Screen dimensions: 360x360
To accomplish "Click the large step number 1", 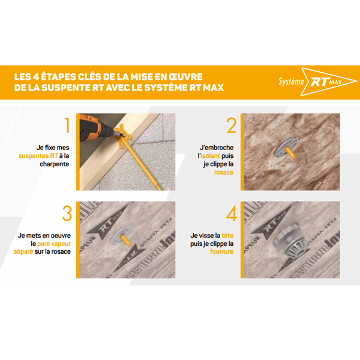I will (x=67, y=126).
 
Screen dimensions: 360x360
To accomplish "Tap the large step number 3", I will (x=67, y=214).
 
